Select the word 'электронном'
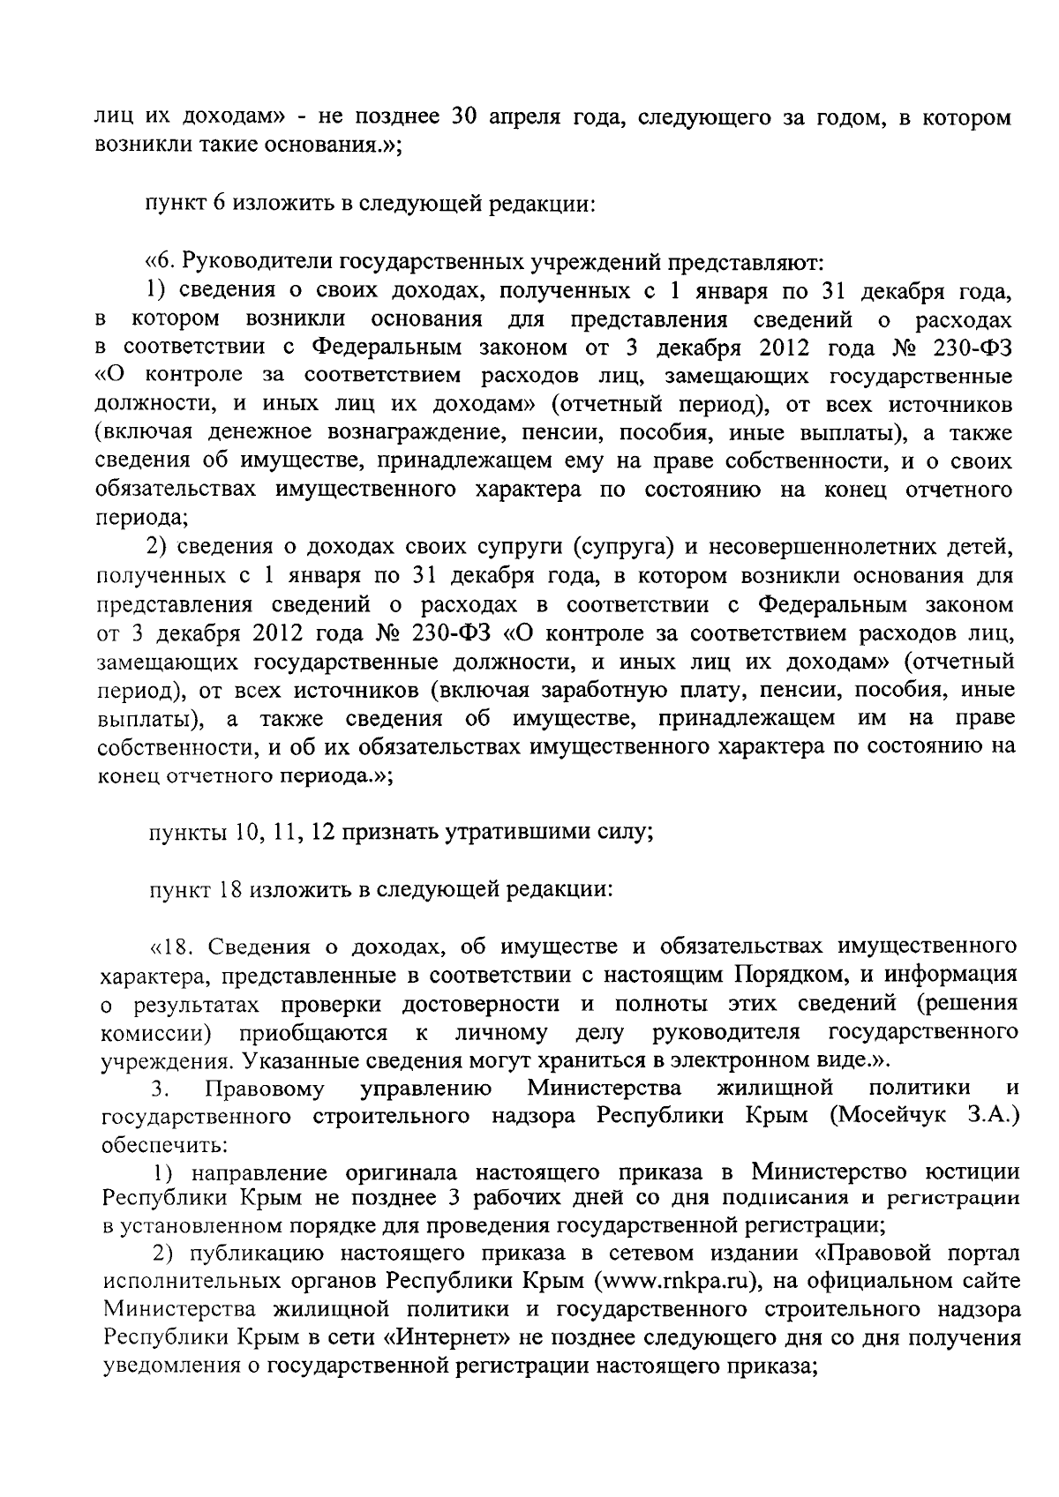pyautogui.click(x=730, y=1059)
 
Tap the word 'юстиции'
pyautogui.click(x=969, y=1173)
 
